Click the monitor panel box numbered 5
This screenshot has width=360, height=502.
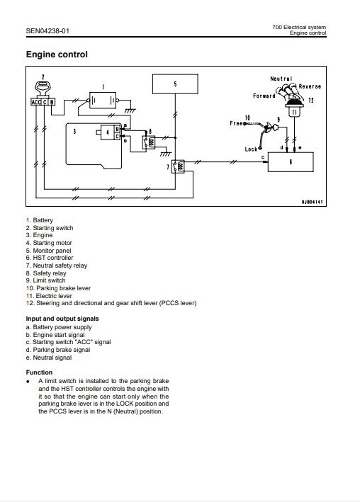pos(175,84)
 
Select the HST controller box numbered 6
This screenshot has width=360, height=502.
pos(291,162)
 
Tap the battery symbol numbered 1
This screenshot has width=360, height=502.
pos(103,101)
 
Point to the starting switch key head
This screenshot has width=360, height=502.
pos(43,87)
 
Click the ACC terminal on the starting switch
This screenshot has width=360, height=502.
pos(36,102)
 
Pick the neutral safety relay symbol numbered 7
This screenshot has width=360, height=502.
pos(178,166)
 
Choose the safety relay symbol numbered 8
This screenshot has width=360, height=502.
pos(149,142)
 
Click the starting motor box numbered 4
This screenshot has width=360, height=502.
pos(108,132)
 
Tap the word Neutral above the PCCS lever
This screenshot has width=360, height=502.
pos(281,79)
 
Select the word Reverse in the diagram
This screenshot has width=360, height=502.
pos(310,86)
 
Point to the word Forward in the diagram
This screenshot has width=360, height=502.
pos(264,96)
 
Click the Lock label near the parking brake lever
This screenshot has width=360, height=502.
pos(251,149)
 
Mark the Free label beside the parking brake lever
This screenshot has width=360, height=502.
pos(236,123)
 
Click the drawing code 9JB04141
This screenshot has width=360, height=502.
pos(313,202)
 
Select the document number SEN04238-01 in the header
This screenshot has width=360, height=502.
pos(47,31)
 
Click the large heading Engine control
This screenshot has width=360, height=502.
pos(57,55)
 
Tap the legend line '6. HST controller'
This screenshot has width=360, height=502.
pos(50,258)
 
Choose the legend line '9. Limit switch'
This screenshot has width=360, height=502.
pos(46,280)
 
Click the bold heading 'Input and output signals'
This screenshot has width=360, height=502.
pos(62,319)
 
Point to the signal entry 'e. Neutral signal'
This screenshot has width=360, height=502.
pos(49,358)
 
